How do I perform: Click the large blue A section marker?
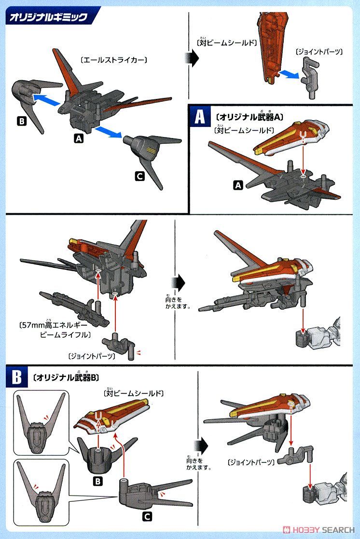coord(199,117)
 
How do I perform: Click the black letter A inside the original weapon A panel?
coord(237,185)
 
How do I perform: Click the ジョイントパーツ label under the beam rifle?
coord(92,356)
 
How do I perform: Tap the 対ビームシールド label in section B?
coord(134,394)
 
